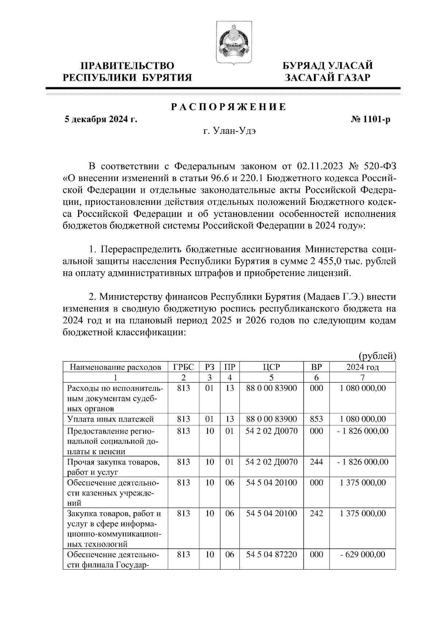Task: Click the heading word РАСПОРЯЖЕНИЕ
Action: tap(229, 107)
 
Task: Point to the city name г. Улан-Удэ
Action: tap(229, 131)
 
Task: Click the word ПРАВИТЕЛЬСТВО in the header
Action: tap(127, 66)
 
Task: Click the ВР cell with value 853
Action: tap(316, 419)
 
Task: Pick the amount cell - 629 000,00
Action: tap(362, 555)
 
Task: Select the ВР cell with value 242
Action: tap(316, 514)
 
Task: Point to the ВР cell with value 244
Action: tap(316, 462)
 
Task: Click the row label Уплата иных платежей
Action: tap(110, 419)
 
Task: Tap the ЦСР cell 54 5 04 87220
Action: tap(272, 555)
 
